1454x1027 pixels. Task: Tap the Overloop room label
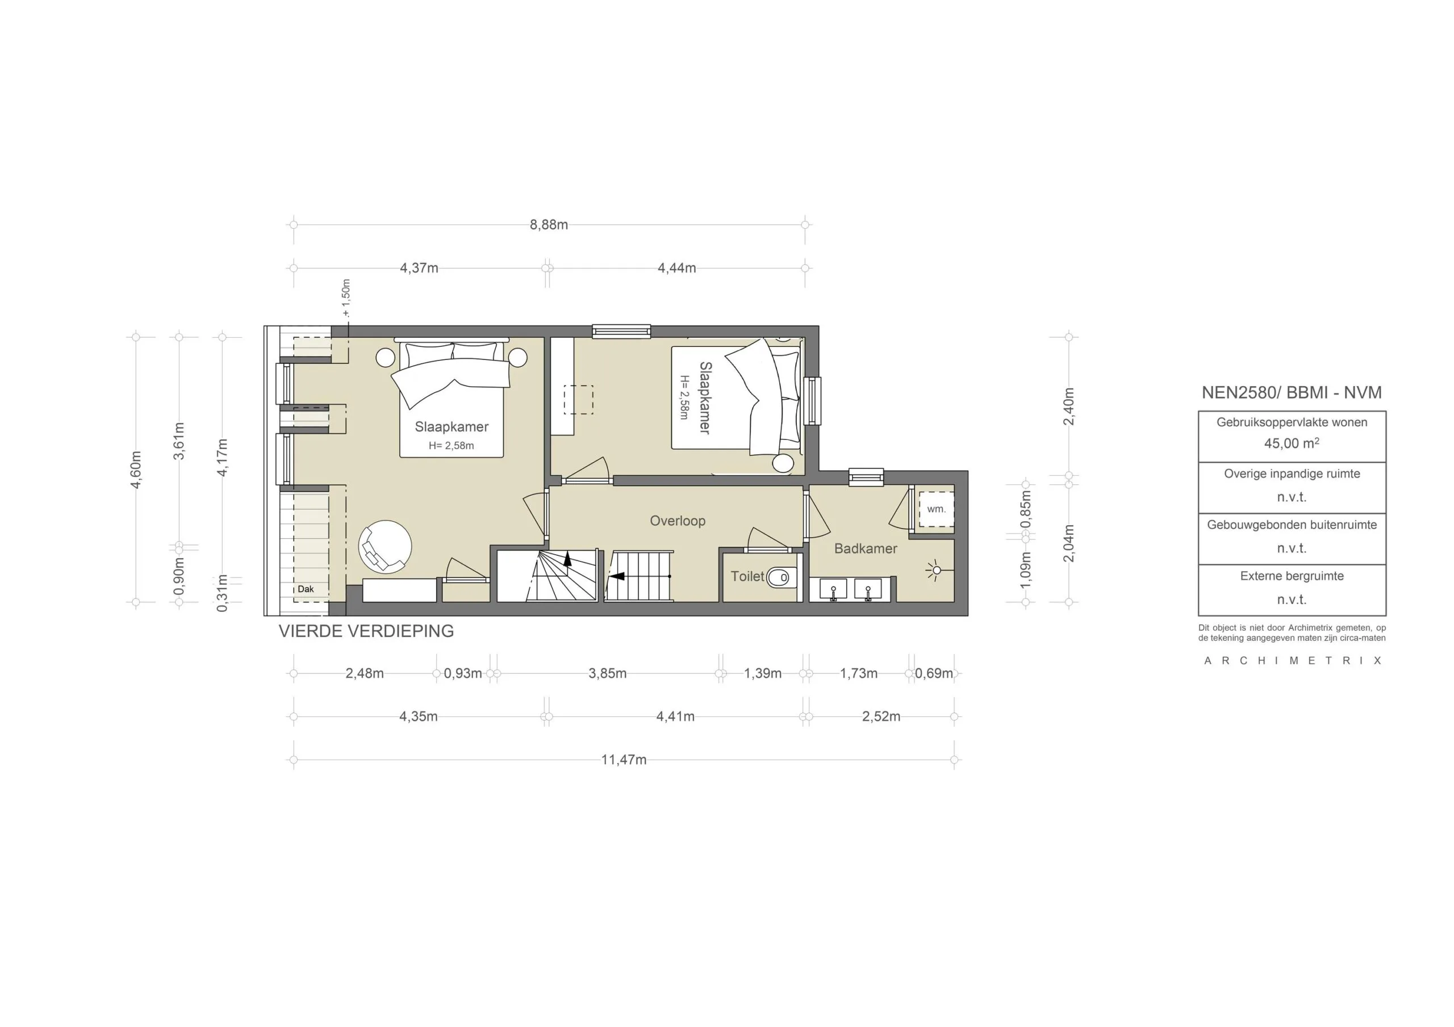click(x=677, y=521)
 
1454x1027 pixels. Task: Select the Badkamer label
click(x=865, y=549)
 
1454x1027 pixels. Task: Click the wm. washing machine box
click(x=936, y=509)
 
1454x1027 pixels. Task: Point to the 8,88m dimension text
click(x=549, y=225)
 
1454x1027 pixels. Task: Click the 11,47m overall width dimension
click(x=623, y=760)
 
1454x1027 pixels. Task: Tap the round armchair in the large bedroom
click(x=385, y=547)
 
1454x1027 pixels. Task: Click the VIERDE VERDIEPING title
click(x=366, y=631)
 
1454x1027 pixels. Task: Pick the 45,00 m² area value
click(x=1291, y=443)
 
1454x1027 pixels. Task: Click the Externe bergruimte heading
click(x=1291, y=576)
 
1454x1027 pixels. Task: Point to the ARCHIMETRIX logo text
click(x=1292, y=660)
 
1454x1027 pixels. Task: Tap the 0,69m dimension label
click(x=933, y=674)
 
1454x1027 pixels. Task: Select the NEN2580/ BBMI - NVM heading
click(x=1291, y=392)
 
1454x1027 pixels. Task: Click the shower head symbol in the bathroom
click(x=936, y=570)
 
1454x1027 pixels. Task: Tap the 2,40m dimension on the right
click(x=1068, y=406)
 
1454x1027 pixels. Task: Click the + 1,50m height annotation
click(x=346, y=297)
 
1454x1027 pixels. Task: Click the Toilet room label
click(x=747, y=576)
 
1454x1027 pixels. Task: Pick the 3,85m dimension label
click(x=607, y=674)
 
